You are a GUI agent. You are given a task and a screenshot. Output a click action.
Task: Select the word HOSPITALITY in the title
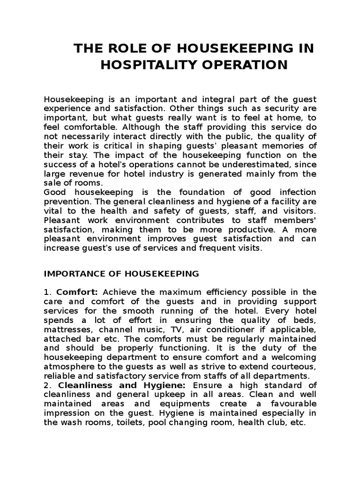click(142, 65)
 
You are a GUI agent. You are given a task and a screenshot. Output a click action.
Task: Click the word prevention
click(65, 202)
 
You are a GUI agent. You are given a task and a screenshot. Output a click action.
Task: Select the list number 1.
click(46, 292)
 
